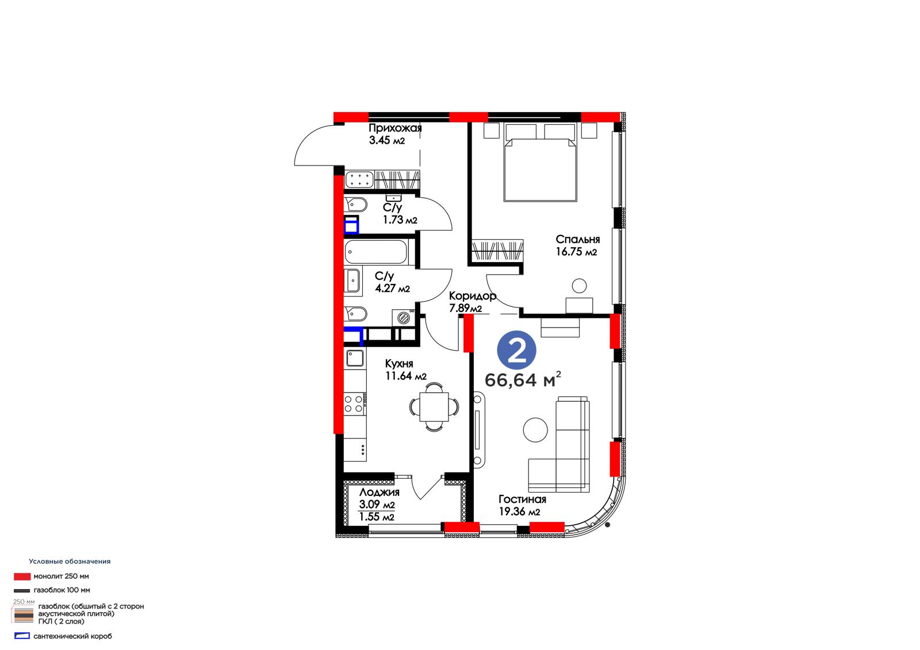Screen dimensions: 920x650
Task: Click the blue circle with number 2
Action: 516,350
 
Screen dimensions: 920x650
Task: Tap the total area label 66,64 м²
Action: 523,380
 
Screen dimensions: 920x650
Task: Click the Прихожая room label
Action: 395,128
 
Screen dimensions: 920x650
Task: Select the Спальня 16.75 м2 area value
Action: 576,252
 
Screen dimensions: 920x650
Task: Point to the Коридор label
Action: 472,295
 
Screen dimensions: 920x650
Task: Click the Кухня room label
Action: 399,364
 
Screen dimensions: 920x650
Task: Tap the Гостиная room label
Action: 523,499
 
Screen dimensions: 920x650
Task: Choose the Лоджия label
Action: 379,493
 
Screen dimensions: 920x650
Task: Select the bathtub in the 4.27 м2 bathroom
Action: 376,252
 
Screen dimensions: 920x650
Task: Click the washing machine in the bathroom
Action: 403,318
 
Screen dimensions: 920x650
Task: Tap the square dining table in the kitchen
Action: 434,407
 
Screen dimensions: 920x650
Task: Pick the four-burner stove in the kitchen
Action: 354,403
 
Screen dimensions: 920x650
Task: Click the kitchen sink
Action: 355,358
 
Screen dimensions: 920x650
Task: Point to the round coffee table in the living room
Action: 535,430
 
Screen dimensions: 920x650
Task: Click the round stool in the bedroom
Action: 579,286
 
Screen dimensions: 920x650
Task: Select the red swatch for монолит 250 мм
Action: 22,576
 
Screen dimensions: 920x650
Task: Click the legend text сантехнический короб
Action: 72,636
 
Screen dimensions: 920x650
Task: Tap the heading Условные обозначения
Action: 70,561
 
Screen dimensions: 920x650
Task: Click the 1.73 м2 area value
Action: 400,220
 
